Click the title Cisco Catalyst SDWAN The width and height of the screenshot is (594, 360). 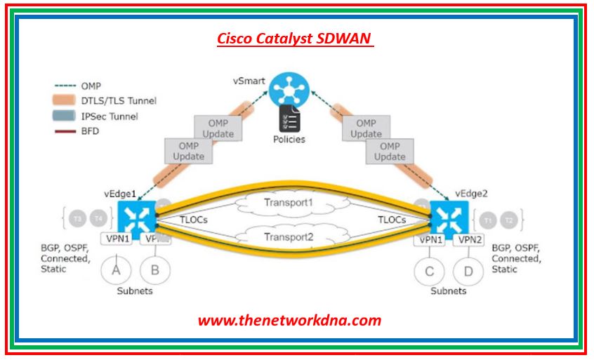coord(295,39)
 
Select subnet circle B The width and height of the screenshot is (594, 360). coord(154,270)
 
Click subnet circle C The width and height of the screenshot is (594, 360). coord(429,270)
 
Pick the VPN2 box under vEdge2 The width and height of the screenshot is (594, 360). coord(468,239)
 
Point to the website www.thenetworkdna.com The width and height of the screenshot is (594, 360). coord(289,321)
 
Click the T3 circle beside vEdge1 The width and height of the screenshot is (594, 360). coord(79,219)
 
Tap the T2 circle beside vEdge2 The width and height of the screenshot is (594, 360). coord(509,220)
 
